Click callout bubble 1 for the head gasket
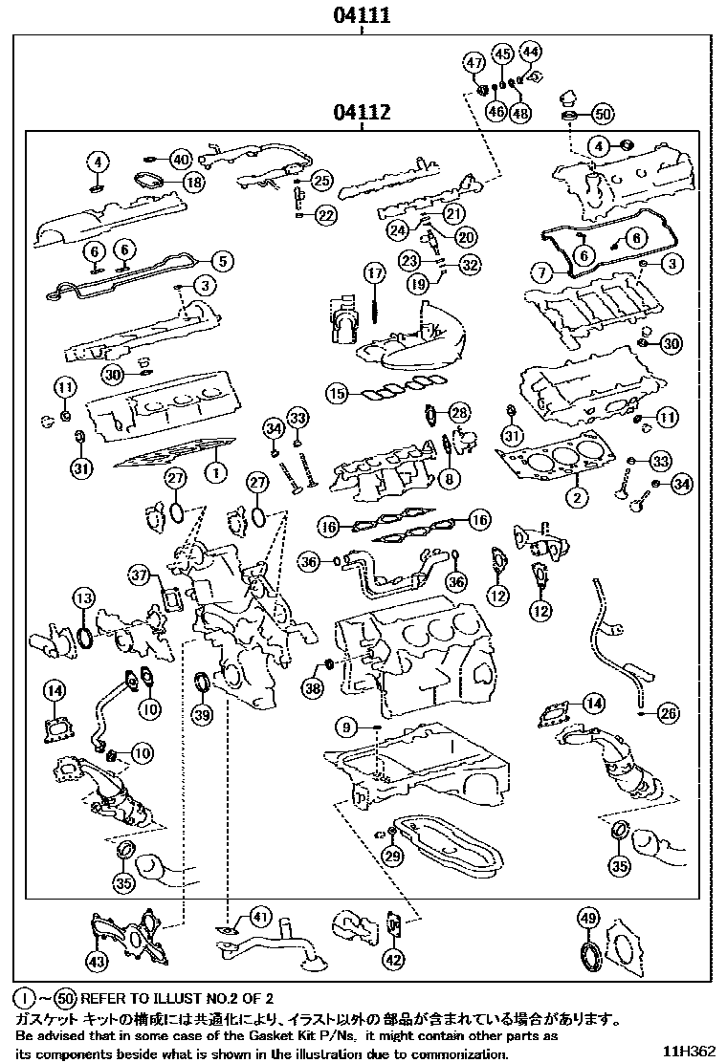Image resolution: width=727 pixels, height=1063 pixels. (216, 470)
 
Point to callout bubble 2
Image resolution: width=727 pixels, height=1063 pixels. (577, 496)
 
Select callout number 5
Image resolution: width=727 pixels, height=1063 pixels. (221, 259)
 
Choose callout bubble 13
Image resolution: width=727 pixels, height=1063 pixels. (84, 598)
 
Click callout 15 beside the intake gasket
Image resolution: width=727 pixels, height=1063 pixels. (335, 392)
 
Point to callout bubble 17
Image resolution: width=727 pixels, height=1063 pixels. (373, 274)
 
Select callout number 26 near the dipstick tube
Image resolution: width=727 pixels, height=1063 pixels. (669, 711)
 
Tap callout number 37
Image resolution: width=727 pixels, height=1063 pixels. (141, 575)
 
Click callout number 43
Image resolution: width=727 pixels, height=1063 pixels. (97, 960)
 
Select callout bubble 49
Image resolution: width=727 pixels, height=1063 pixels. (588, 919)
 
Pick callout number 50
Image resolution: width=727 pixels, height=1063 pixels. (602, 114)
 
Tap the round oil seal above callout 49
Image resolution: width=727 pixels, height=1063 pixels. (587, 957)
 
